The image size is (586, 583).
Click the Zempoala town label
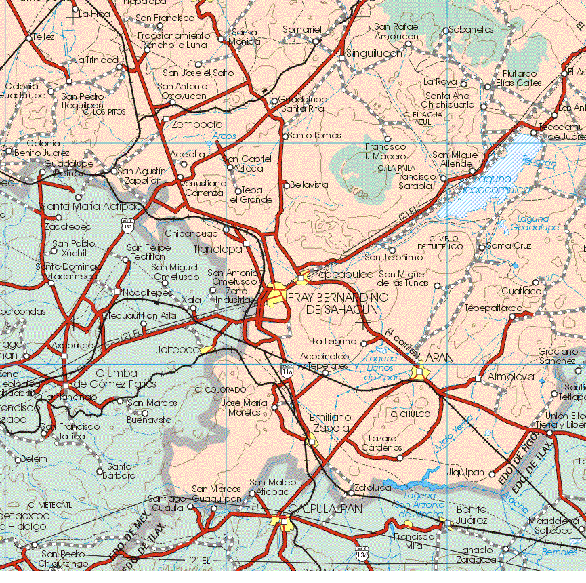[x=198, y=125]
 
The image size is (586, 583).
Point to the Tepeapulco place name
[x=345, y=274]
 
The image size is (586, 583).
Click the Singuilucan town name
[x=375, y=53]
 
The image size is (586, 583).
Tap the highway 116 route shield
[x=287, y=370]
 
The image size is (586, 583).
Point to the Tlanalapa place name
[x=217, y=249]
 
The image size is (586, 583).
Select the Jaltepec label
[x=177, y=350]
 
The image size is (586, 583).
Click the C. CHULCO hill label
[x=411, y=414]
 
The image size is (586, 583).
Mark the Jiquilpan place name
[x=465, y=473]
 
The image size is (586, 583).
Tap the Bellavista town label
[x=310, y=184]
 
